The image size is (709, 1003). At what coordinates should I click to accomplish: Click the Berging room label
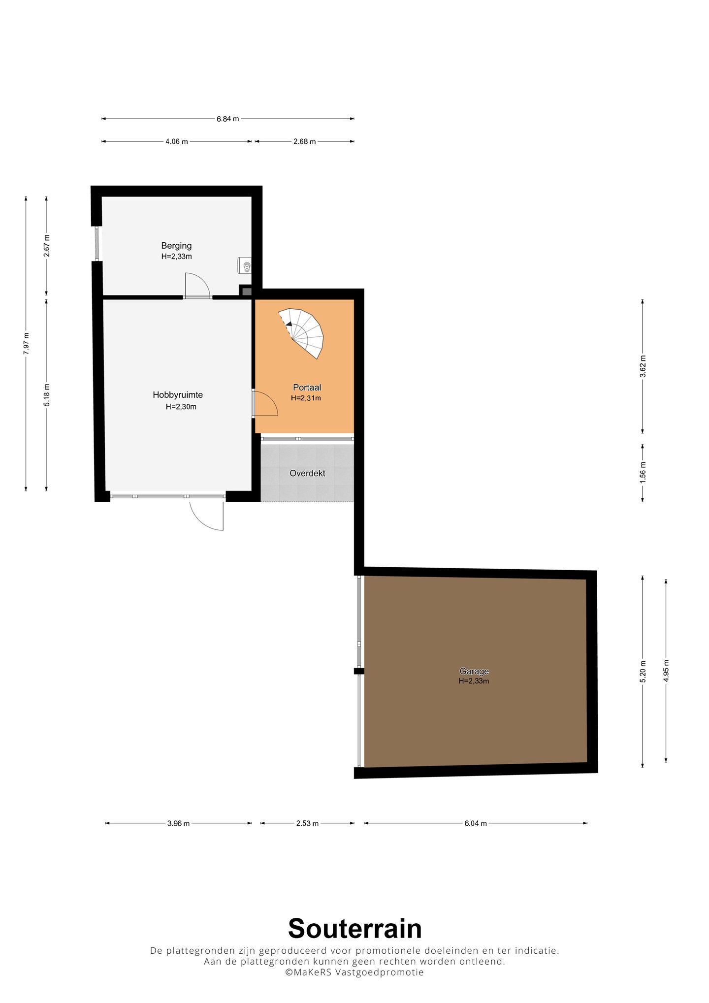point(176,246)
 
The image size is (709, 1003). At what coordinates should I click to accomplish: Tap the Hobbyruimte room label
point(178,395)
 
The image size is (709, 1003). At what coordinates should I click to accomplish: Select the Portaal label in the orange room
point(307,388)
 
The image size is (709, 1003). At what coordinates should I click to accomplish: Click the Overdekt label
point(307,473)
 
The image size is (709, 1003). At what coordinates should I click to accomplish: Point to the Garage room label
point(474,671)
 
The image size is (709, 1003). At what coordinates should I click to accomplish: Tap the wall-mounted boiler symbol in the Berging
point(244,265)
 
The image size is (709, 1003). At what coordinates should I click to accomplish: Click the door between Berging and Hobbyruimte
point(197,286)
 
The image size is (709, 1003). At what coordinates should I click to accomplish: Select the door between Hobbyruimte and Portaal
point(265,404)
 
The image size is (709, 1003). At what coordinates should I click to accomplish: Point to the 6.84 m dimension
point(228,119)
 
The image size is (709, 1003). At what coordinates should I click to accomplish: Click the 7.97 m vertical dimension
point(26,343)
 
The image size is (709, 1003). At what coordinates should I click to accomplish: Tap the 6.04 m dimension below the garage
point(476,823)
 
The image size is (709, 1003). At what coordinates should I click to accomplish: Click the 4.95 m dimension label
point(666,671)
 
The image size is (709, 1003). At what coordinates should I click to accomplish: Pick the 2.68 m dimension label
point(304,142)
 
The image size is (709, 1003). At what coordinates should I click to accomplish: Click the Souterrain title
point(355,929)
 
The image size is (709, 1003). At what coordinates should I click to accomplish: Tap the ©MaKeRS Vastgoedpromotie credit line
point(354,972)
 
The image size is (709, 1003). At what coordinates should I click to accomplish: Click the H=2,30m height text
point(181,407)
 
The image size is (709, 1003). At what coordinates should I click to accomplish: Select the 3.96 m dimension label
point(178,823)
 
